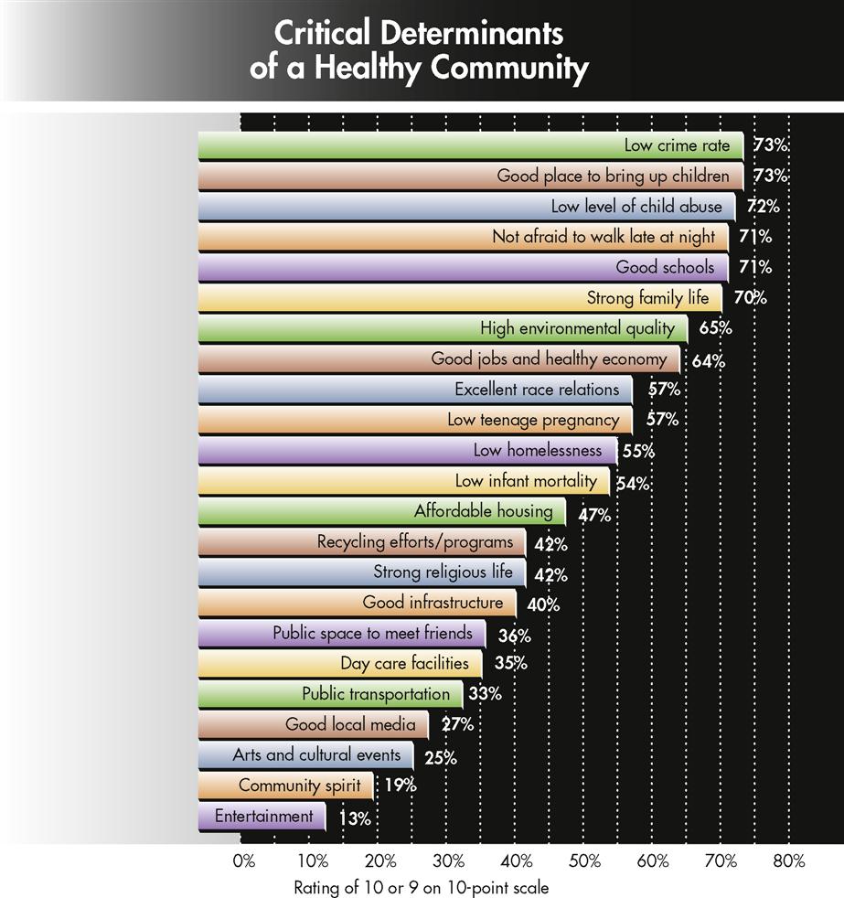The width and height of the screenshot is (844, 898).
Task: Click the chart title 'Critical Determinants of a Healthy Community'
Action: coord(420,51)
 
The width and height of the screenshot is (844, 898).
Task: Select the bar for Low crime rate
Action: coord(471,145)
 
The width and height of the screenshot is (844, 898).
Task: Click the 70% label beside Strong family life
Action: coord(750,298)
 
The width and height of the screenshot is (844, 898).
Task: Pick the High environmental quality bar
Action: coord(443,328)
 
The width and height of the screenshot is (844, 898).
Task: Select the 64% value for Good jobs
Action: coord(708,360)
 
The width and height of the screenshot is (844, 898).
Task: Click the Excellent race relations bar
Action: coord(415,390)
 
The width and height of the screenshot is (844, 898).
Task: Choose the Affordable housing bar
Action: coord(382,512)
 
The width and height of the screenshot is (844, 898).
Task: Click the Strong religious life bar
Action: coord(362,573)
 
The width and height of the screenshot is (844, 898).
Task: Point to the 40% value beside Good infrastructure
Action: coord(542,605)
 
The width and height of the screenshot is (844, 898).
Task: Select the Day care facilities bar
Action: coord(340,664)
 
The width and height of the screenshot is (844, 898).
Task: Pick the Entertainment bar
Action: coord(262,817)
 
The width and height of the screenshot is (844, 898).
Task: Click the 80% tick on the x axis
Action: coord(787,861)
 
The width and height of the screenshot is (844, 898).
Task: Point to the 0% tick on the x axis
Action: coord(243,861)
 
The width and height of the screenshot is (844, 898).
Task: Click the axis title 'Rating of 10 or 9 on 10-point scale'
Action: coord(422,887)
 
